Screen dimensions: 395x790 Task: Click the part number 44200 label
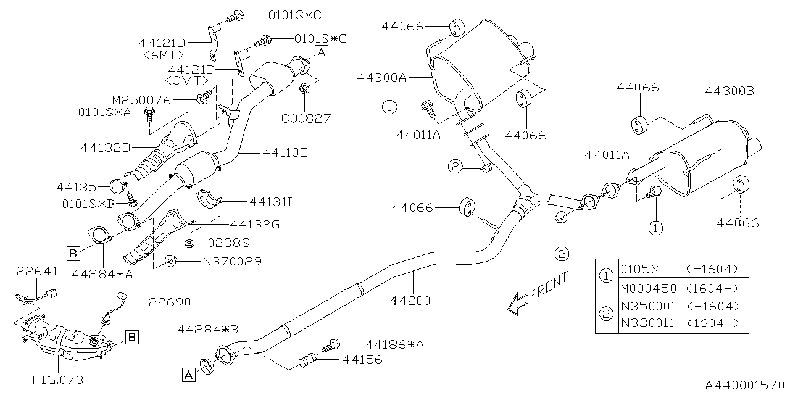pyautogui.click(x=410, y=301)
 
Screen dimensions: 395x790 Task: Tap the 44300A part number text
pyautogui.click(x=381, y=78)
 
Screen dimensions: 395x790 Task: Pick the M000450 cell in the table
pyautogui.click(x=648, y=288)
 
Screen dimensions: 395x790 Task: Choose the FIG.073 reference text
pyautogui.click(x=59, y=380)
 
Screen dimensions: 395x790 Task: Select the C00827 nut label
pyautogui.click(x=306, y=118)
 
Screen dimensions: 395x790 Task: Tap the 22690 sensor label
pyautogui.click(x=168, y=302)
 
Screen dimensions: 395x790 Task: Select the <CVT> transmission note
pyautogui.click(x=188, y=81)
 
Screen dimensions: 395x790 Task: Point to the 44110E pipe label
pyautogui.click(x=285, y=152)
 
